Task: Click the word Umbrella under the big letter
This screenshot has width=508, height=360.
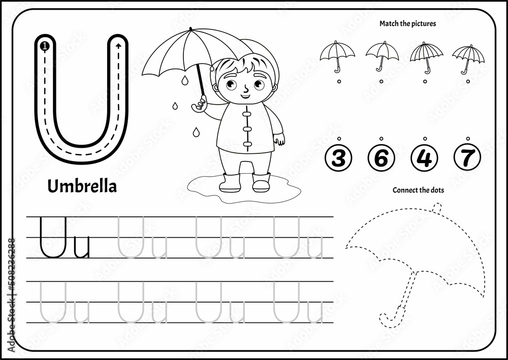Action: [82, 186]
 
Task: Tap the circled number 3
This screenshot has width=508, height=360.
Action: [338, 158]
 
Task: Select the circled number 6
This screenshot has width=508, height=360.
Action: [381, 158]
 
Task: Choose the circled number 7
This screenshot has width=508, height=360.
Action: [467, 158]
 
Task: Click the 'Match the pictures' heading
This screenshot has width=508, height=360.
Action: [407, 23]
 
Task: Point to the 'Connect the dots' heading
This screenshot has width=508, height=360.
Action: [418, 190]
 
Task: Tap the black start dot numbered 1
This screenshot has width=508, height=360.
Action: [44, 46]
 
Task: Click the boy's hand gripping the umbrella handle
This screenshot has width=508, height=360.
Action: [200, 104]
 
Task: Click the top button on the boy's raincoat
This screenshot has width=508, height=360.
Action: [247, 114]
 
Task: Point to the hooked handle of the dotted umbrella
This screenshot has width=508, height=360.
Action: [390, 319]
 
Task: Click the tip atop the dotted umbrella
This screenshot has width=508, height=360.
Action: [437, 207]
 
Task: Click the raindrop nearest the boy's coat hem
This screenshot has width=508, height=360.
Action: [196, 133]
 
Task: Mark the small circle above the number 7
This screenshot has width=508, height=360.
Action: [467, 138]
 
